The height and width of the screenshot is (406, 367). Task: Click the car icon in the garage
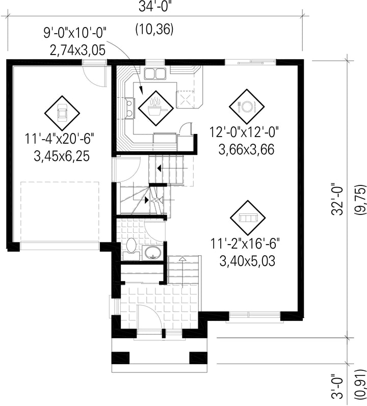coord(62,113)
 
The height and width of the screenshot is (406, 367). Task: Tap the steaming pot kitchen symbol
coord(156,107)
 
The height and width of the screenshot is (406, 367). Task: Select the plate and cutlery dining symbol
coord(247,106)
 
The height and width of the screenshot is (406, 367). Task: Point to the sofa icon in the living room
coord(248,218)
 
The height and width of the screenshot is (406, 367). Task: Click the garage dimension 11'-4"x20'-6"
coord(59,139)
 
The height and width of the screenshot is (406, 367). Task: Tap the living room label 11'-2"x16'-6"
coord(245,244)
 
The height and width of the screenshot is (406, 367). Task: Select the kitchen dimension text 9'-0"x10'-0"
coord(75,33)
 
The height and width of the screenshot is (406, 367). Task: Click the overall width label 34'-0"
coord(155,7)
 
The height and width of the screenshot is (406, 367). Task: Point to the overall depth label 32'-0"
coord(337,199)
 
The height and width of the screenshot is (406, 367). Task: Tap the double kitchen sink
coord(155,73)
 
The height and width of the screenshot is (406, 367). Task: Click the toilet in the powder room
coord(132,249)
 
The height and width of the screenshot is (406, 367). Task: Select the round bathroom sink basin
coord(153,253)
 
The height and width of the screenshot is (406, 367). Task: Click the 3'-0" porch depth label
coord(337,387)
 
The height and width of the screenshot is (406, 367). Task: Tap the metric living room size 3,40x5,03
coord(247,261)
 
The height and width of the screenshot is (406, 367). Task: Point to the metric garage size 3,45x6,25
coord(62,156)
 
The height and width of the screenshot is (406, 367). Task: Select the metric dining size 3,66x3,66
coord(246,150)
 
